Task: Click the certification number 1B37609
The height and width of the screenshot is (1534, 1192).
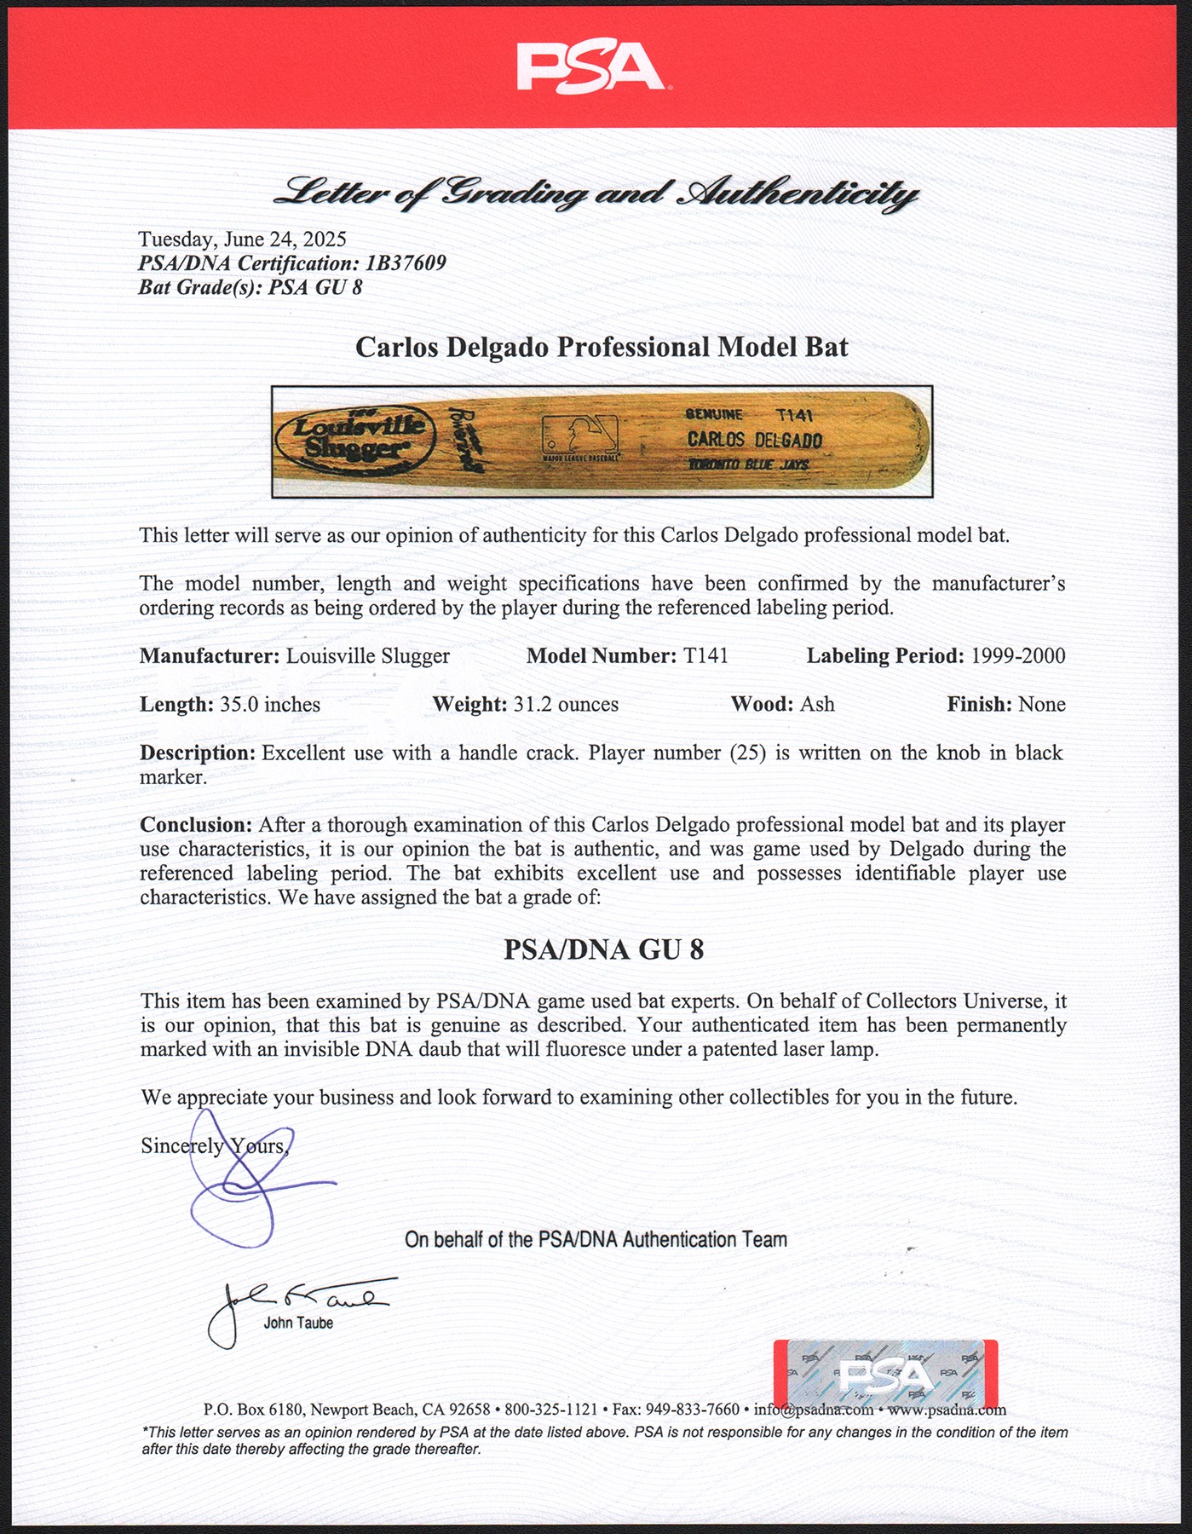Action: pyautogui.click(x=406, y=263)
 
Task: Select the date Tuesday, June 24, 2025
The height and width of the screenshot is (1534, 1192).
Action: pyautogui.click(x=242, y=239)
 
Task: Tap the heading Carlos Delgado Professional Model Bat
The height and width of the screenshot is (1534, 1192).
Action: pyautogui.click(x=602, y=348)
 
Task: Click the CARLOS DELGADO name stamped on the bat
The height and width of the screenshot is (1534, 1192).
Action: pyautogui.click(x=755, y=440)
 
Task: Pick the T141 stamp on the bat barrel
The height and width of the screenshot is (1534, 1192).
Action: pyautogui.click(x=794, y=415)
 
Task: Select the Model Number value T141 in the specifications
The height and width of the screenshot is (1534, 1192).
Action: pyautogui.click(x=705, y=656)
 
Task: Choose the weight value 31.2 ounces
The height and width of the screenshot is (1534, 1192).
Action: pyautogui.click(x=566, y=705)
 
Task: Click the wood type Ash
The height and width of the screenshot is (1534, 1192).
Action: pyautogui.click(x=817, y=705)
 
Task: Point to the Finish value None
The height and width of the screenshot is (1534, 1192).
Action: pyautogui.click(x=1042, y=705)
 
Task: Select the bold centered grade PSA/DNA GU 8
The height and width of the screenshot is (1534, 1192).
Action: pyautogui.click(x=603, y=950)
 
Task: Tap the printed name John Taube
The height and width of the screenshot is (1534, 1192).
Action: pyautogui.click(x=298, y=1324)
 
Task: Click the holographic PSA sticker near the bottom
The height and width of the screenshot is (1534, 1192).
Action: pyautogui.click(x=885, y=1374)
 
